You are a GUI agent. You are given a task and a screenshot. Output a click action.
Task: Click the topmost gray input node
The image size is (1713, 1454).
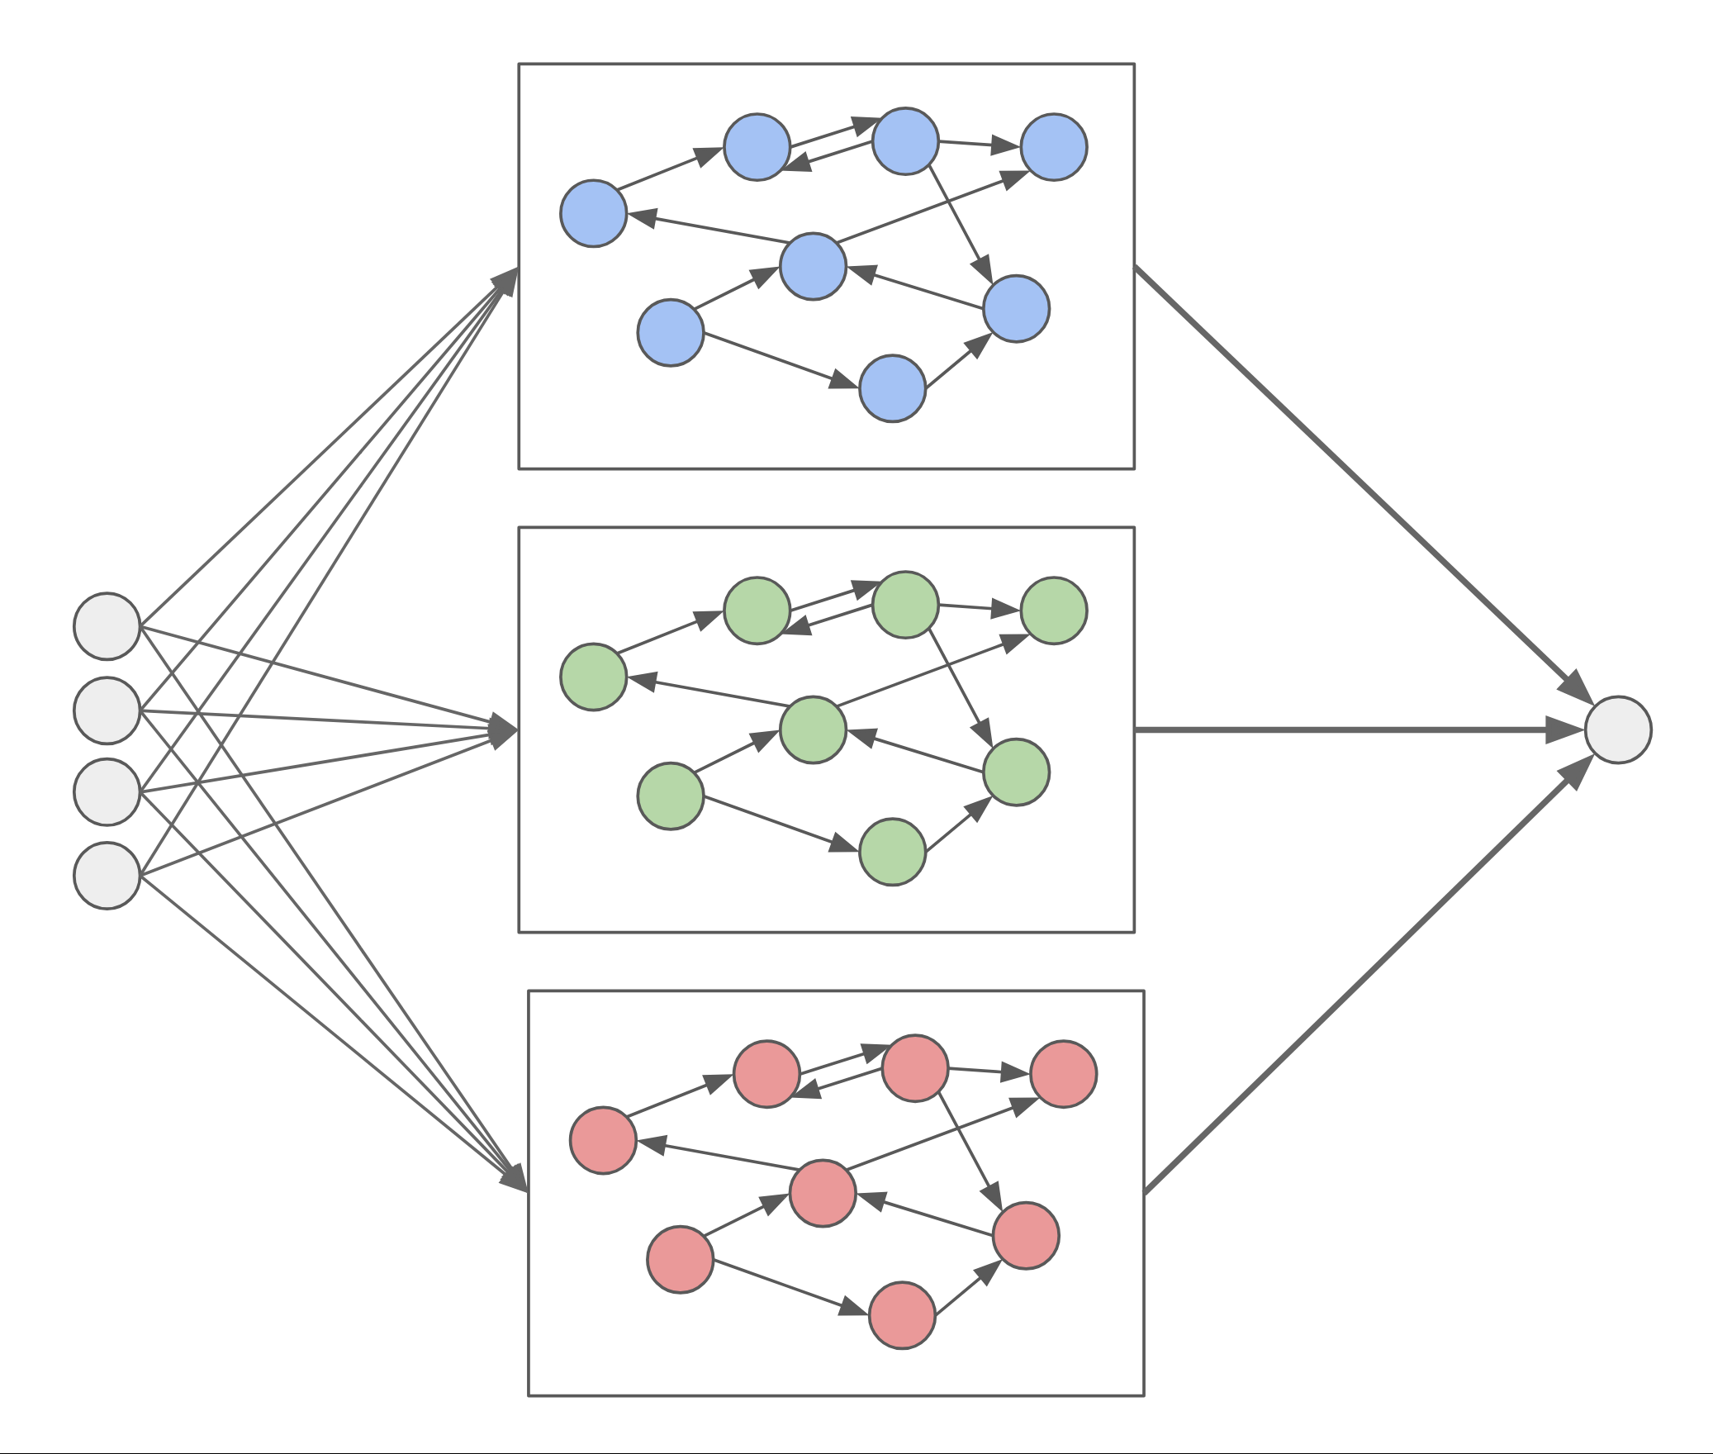coord(107,626)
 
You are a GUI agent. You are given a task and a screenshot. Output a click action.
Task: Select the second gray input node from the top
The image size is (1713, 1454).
coord(107,710)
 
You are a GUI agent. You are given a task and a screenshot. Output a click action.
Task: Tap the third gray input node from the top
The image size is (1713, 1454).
coord(107,791)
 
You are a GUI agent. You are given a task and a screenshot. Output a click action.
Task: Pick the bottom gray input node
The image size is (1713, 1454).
coord(107,876)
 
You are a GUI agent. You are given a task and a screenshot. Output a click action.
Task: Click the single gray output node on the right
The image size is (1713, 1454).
coord(1618,729)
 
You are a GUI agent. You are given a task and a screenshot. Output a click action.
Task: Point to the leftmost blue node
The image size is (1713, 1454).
coord(593,213)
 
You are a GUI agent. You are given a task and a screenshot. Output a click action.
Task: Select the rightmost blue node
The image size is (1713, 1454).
coord(1054,147)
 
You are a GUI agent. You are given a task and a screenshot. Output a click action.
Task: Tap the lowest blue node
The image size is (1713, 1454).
coord(892,388)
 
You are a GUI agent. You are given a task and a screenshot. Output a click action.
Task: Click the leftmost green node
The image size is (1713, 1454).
coord(593,677)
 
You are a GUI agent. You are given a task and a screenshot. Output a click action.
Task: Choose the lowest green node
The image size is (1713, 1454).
coord(892,852)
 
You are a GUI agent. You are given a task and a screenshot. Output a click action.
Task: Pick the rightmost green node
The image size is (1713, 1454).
coord(1054,611)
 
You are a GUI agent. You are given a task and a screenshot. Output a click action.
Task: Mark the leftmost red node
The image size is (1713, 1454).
coord(603,1140)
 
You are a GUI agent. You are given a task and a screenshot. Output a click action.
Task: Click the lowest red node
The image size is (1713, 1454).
coord(902,1315)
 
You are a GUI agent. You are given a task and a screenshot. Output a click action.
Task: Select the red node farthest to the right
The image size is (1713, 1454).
coord(1064,1074)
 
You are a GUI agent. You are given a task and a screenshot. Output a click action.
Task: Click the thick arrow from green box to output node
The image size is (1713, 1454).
coord(1355,729)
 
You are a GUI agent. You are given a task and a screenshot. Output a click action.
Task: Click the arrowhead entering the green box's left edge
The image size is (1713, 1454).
coord(503,729)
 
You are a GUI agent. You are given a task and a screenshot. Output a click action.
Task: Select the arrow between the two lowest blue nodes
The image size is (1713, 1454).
coord(958,361)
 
